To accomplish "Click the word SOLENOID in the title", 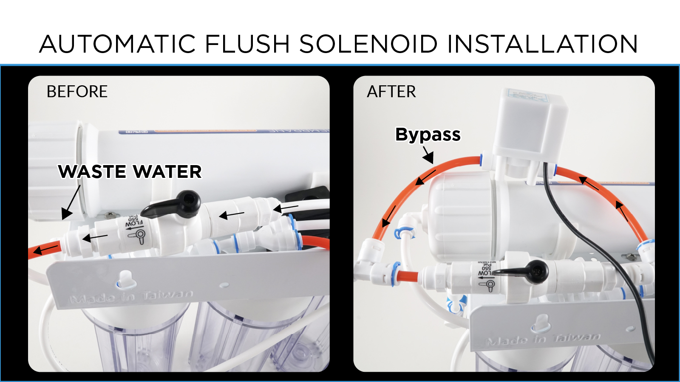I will (x=368, y=44).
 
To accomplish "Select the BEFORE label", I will (x=77, y=92).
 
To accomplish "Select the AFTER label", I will (x=391, y=92).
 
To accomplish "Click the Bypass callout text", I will (x=428, y=135).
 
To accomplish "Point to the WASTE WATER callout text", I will (x=130, y=172).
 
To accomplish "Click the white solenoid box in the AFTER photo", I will (x=529, y=123).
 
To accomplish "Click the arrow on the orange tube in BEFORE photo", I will (x=45, y=249).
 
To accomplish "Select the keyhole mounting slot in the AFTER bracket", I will (x=540, y=323).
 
